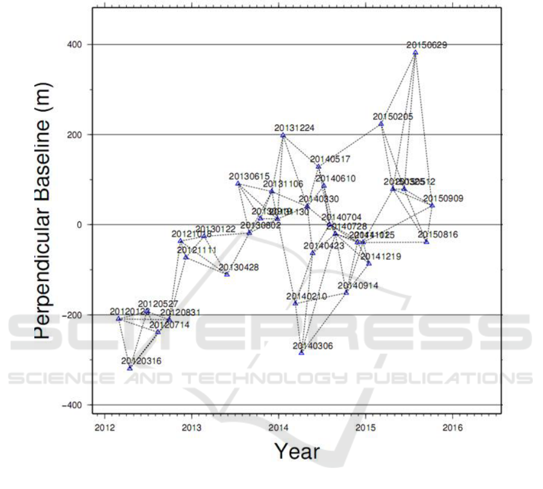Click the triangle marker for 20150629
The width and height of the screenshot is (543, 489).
pos(415,53)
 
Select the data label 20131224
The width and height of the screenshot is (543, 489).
pos(294,128)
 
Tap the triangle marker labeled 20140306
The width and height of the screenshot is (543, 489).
pos(301,352)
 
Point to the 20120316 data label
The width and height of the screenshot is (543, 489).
pos(142,361)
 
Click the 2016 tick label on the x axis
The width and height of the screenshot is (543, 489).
pos(453,427)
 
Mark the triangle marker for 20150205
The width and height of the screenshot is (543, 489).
pos(381,124)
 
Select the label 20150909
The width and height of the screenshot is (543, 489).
pos(443,198)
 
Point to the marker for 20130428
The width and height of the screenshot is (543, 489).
pos(227,274)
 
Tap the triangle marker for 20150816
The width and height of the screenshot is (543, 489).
pos(426,242)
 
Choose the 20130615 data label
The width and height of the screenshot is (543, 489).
pos(249,176)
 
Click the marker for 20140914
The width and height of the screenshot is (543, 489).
pos(346,292)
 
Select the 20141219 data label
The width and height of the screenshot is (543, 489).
pos(380,256)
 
